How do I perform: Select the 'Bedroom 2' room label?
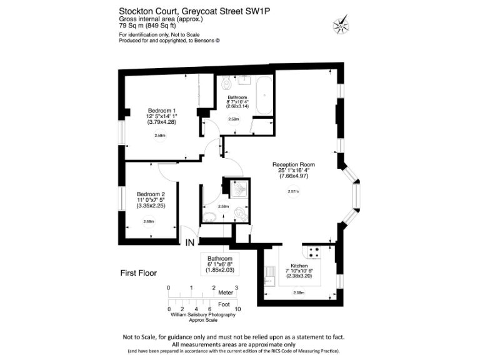coord(151,194)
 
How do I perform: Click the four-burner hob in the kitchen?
coord(314,253)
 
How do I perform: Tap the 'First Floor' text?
coord(138,273)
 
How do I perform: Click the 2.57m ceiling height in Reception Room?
coord(292,191)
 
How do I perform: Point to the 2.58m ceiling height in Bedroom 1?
coord(160,136)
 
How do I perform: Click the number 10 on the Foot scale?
coord(237,309)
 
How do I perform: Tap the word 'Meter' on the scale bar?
coord(225,292)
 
